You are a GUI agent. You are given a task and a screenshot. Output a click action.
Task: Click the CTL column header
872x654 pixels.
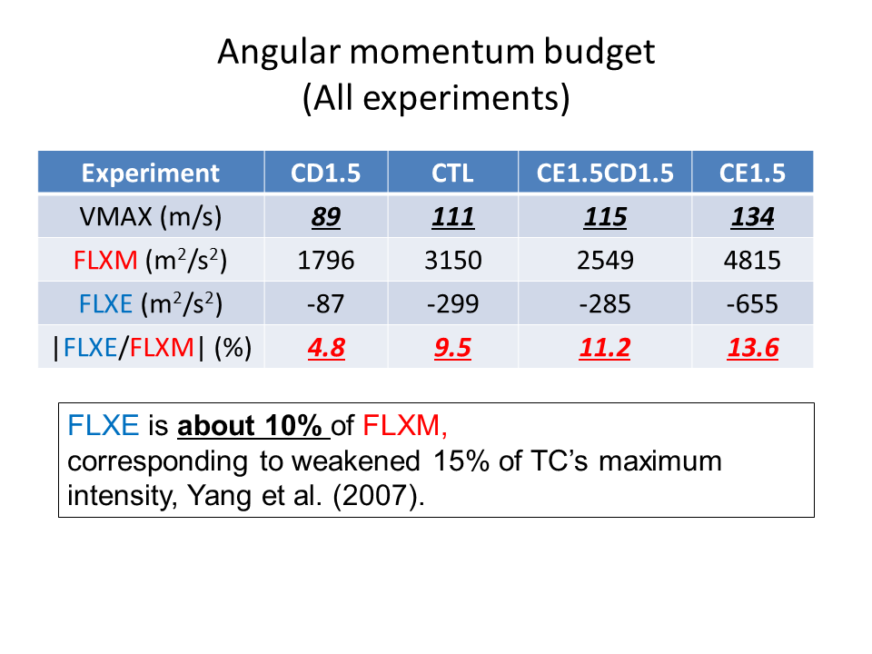point(452,173)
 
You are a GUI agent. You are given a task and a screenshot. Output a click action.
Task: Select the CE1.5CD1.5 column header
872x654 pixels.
point(605,173)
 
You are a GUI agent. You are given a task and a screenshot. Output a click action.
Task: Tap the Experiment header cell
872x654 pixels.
point(151,173)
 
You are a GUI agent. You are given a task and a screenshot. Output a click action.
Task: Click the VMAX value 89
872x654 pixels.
point(326,216)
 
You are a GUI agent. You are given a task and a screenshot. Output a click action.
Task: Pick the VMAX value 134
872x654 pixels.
point(752,216)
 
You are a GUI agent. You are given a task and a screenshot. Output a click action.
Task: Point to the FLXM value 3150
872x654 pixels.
point(452,261)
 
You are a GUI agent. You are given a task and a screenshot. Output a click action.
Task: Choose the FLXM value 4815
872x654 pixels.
point(752,261)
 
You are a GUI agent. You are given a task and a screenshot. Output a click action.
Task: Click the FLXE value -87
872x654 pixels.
point(326,303)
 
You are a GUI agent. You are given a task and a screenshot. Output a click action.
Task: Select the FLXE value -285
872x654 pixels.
point(605,303)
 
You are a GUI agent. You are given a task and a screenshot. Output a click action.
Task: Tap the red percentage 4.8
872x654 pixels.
point(326,348)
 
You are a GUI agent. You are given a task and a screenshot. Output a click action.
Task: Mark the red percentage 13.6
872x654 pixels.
point(753,348)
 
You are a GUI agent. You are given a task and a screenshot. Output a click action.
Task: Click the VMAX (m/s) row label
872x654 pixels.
point(151,216)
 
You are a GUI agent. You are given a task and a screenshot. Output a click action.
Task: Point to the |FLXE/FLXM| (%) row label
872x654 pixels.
point(152,348)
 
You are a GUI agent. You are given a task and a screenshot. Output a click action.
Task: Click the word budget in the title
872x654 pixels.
point(599,53)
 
